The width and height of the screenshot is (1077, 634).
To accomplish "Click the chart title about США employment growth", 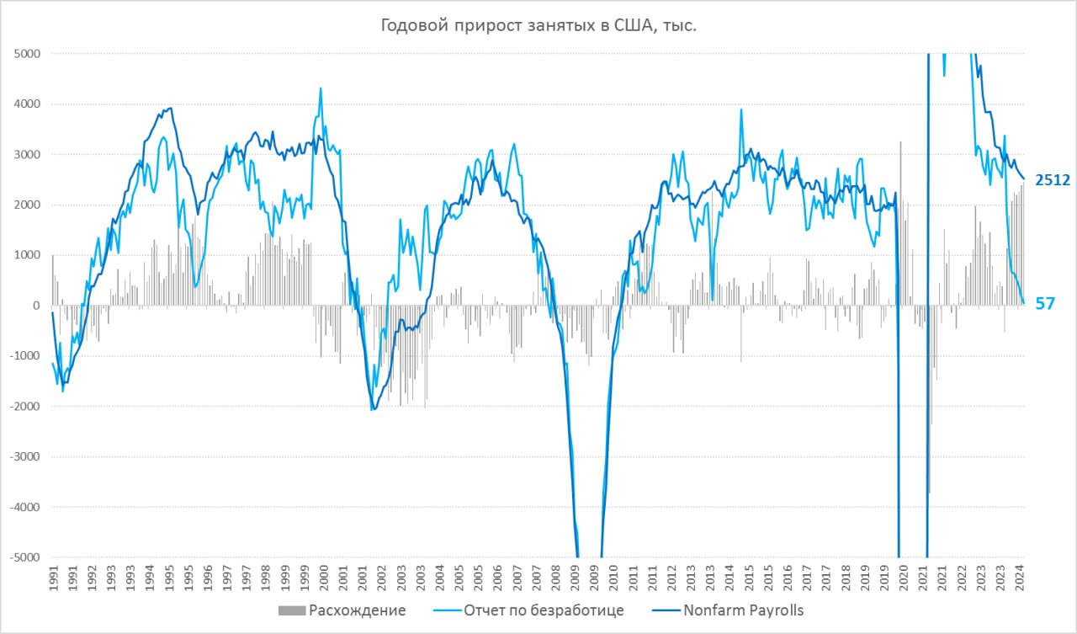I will coord(538,26).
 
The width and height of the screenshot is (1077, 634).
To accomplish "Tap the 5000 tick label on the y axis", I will coord(29,54).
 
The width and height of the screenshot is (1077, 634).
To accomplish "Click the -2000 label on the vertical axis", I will coord(27,407).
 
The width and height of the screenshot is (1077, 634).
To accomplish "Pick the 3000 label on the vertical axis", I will coord(29,155).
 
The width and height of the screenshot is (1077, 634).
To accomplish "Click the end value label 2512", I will coord(1052,179).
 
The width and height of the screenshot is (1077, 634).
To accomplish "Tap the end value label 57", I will coord(1045,304).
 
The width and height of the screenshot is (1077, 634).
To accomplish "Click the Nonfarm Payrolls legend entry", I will coord(733,610).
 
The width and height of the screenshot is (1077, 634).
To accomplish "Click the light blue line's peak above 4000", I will coord(321,88).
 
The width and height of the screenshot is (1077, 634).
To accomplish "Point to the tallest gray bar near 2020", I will coord(900,143).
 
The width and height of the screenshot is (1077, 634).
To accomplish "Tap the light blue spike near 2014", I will coord(741,109).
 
